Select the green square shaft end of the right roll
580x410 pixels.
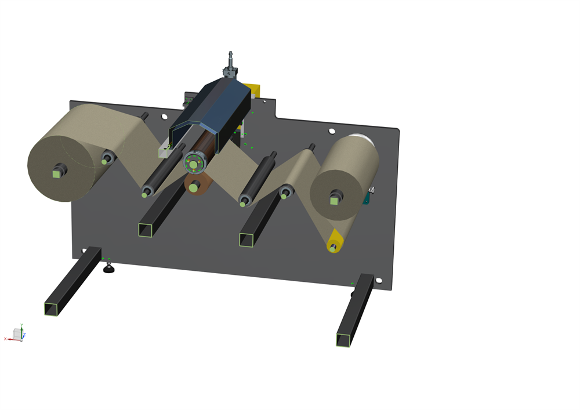click(x=335, y=200)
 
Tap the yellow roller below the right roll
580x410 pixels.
click(x=335, y=240)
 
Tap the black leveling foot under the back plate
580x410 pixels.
click(x=108, y=269)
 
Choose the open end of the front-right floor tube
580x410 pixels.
click(x=344, y=340)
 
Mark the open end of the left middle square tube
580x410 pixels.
click(x=146, y=230)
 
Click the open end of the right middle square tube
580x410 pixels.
click(x=246, y=240)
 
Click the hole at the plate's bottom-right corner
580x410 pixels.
click(x=379, y=281)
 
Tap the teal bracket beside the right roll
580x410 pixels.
click(x=367, y=198)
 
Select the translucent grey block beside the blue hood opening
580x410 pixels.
click(x=164, y=152)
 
